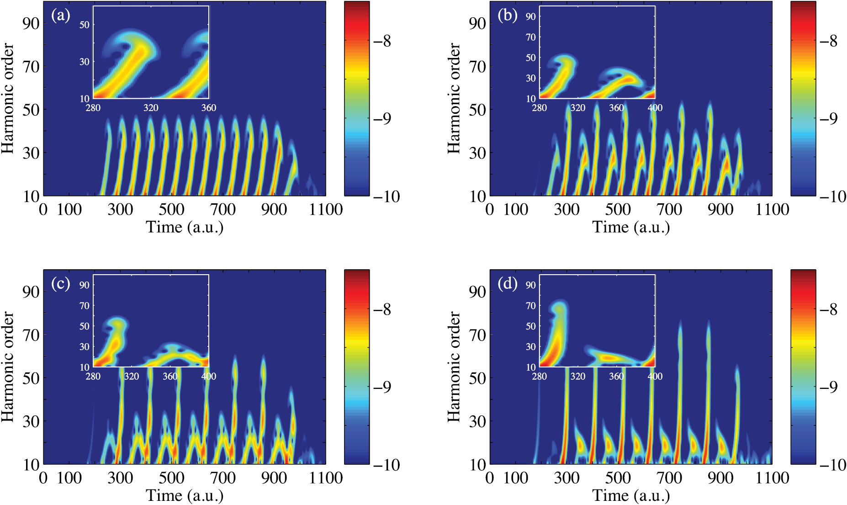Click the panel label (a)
coord(60,16)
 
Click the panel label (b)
coord(507,16)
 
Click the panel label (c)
coord(60,284)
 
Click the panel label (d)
coord(507,284)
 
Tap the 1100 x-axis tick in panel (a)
coord(326,210)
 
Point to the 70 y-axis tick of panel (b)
coord(477,67)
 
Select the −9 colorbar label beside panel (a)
coord(382,119)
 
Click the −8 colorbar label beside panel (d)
coord(828,310)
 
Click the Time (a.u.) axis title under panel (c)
coord(185,495)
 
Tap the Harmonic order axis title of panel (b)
coord(453,98)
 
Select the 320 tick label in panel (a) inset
coord(151,108)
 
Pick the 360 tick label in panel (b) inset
coord(616,108)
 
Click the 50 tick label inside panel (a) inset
coord(85,25)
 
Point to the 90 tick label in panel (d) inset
coord(530,285)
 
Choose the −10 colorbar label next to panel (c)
coord(386,465)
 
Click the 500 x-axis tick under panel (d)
coord(618,478)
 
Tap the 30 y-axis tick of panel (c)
coord(31,421)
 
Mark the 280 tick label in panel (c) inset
coord(93,377)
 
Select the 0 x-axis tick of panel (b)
coord(490,210)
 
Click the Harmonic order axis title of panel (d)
coord(453,367)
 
